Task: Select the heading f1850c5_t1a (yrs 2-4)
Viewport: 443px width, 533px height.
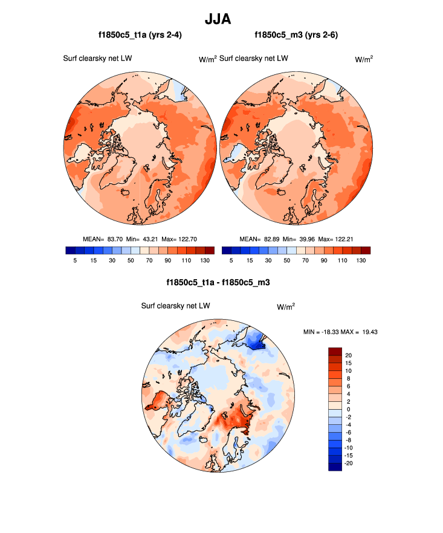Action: pyautogui.click(x=140, y=35)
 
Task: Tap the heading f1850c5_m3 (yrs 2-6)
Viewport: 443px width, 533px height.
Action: pyautogui.click(x=296, y=35)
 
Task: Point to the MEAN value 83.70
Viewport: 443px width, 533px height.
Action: pyautogui.click(x=115, y=239)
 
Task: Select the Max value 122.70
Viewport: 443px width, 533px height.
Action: pyautogui.click(x=190, y=239)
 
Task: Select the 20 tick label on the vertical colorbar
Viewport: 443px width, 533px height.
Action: pyautogui.click(x=348, y=355)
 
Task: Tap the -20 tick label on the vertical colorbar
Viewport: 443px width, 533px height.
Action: pyautogui.click(x=349, y=462)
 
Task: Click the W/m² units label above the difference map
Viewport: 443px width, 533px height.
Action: pyautogui.click(x=286, y=306)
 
